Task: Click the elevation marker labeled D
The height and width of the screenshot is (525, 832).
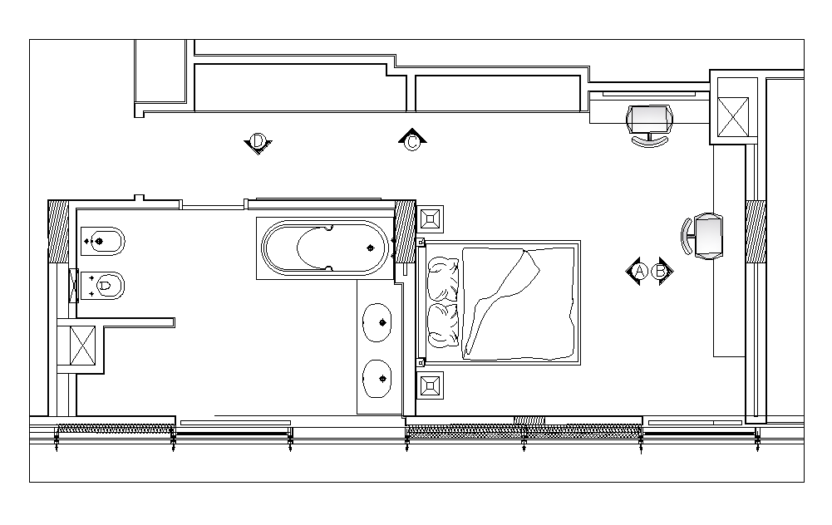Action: click(258, 143)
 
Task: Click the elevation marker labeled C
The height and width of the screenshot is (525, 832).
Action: click(412, 142)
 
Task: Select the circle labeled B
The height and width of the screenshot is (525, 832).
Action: click(661, 271)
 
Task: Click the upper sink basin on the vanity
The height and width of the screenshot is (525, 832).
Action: click(377, 321)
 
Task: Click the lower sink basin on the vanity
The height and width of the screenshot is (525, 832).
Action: click(377, 379)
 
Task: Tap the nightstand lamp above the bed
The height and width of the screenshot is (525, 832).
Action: click(431, 220)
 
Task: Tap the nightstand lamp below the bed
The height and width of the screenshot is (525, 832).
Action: click(431, 385)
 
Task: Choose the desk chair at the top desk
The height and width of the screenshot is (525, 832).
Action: click(649, 125)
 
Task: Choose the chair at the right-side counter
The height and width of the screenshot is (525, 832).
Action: click(703, 236)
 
